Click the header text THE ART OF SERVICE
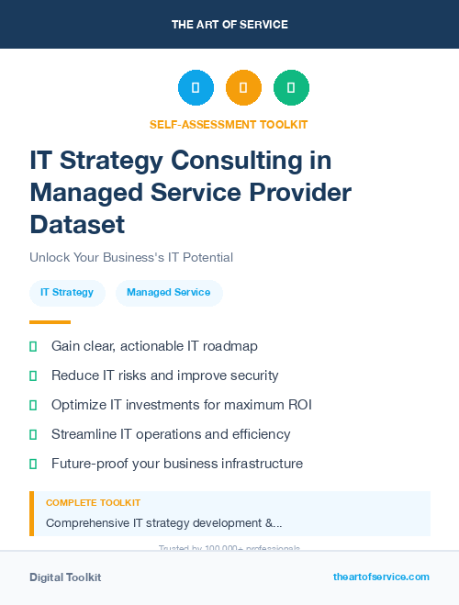(229, 24)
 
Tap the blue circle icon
(196, 88)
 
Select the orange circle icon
(243, 88)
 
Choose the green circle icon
(291, 88)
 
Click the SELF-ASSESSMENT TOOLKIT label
(229, 125)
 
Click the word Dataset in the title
(77, 224)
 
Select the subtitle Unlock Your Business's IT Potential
(131, 257)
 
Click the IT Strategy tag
(67, 293)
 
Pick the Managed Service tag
(169, 293)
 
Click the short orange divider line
(50, 322)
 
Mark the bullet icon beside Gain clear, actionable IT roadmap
(33, 347)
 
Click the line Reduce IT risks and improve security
(165, 375)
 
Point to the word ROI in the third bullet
(298, 405)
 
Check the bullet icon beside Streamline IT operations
(33, 434)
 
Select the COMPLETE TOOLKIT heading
(93, 503)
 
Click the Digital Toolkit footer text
(65, 577)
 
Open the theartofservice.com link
(381, 577)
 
